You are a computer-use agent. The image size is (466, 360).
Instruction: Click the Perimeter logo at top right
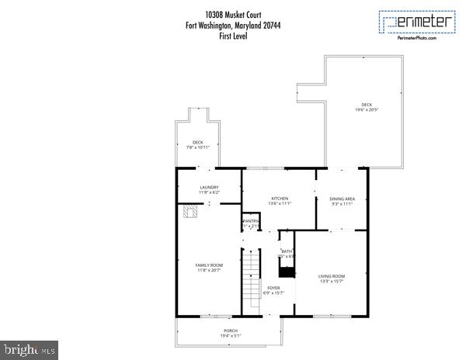(x=417, y=22)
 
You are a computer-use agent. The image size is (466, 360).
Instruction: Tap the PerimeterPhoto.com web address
(x=417, y=37)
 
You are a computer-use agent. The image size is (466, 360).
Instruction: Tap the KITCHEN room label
(x=280, y=199)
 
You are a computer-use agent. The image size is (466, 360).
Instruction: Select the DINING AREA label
(x=342, y=199)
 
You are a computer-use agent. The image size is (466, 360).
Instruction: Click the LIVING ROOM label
(x=332, y=276)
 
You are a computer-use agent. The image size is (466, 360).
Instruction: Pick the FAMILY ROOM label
(x=209, y=265)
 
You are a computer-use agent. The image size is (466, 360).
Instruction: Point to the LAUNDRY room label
(x=209, y=187)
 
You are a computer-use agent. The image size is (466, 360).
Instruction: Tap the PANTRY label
(x=251, y=221)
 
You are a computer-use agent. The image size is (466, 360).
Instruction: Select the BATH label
(x=287, y=251)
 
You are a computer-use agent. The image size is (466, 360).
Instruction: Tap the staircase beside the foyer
(x=250, y=283)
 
